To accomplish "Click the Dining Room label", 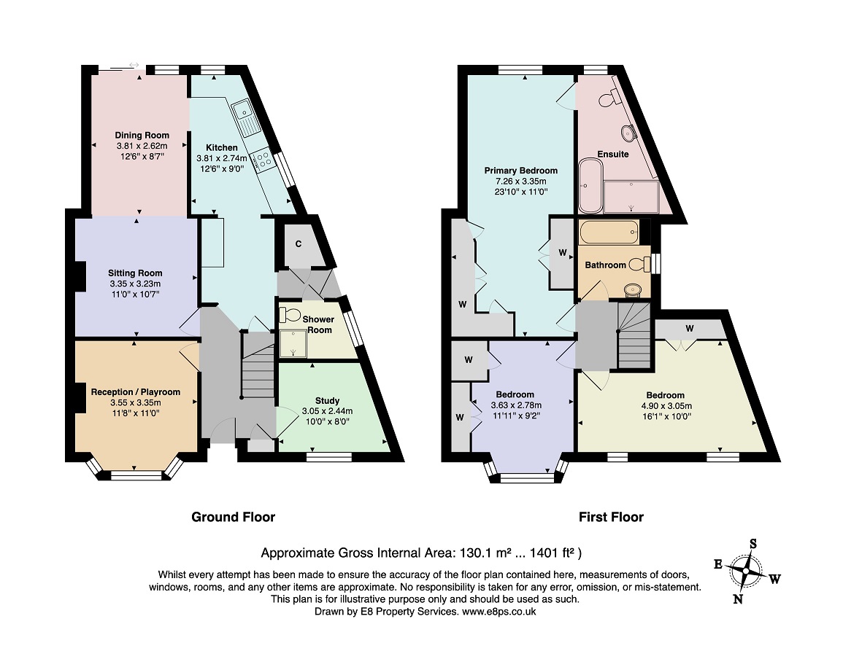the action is coord(142,136).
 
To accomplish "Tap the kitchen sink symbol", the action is coord(246,118).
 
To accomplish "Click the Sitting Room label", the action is coord(135,273).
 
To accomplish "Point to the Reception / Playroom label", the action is coord(136,392).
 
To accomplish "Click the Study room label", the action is coord(328,401).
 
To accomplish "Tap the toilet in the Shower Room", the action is coord(289,315).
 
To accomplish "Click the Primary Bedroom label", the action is coord(521,171).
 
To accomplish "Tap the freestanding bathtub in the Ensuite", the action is coord(591,185).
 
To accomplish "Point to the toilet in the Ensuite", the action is coord(607,98).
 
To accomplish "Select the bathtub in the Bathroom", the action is coord(609,232).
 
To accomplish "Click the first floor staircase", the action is coord(634,335).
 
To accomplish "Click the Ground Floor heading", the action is coord(234,518).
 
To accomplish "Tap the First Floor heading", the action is coord(612,518).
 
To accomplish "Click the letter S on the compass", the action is coord(753,544).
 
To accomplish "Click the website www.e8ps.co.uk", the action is coord(499,612).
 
